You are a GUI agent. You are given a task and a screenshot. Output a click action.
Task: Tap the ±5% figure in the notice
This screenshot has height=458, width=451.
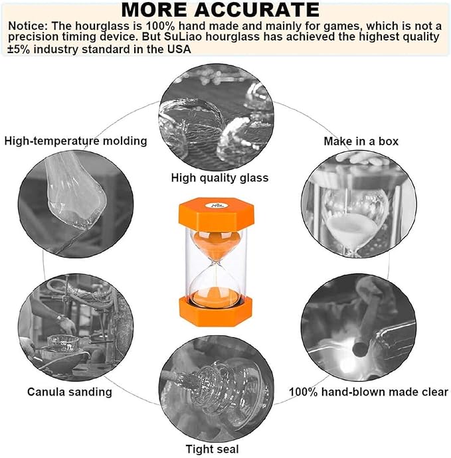click(x=19, y=49)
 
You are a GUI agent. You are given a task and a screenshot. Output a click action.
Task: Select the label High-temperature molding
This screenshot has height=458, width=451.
click(x=76, y=141)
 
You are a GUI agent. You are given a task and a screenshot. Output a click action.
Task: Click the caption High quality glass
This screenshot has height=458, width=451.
click(x=220, y=177)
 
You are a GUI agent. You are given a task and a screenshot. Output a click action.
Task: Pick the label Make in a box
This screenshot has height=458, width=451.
click(x=361, y=141)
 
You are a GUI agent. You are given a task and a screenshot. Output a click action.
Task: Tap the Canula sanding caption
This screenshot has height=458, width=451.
click(x=70, y=392)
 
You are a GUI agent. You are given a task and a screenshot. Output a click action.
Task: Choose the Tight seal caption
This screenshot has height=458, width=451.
click(x=212, y=449)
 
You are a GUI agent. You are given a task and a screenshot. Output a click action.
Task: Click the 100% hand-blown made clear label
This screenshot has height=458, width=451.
click(x=369, y=392)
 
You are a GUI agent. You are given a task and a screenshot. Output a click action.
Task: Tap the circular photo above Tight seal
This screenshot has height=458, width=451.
click(x=220, y=388)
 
